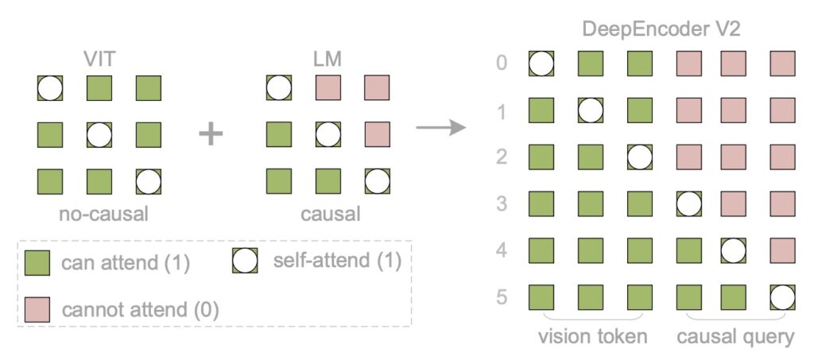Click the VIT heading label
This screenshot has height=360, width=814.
coord(100,60)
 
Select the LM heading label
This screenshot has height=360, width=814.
coord(328,60)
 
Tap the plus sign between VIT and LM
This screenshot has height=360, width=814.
coord(211,134)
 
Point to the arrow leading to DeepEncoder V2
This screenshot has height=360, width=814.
coord(440,128)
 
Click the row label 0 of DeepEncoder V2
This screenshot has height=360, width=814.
coord(502,64)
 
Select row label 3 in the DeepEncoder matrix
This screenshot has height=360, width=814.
coord(502,204)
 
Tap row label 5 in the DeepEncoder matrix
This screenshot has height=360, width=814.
coord(502,298)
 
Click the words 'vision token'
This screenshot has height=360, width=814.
coord(591,336)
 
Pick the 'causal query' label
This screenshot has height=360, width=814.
coord(735,336)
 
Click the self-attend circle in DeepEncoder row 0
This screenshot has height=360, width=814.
coord(542,64)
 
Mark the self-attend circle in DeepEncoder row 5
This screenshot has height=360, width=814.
coord(782,298)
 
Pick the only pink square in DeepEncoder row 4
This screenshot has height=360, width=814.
coord(782,251)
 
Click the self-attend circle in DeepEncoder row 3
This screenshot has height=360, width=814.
coord(688,204)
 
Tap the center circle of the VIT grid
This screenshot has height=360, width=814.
coord(99,134)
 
